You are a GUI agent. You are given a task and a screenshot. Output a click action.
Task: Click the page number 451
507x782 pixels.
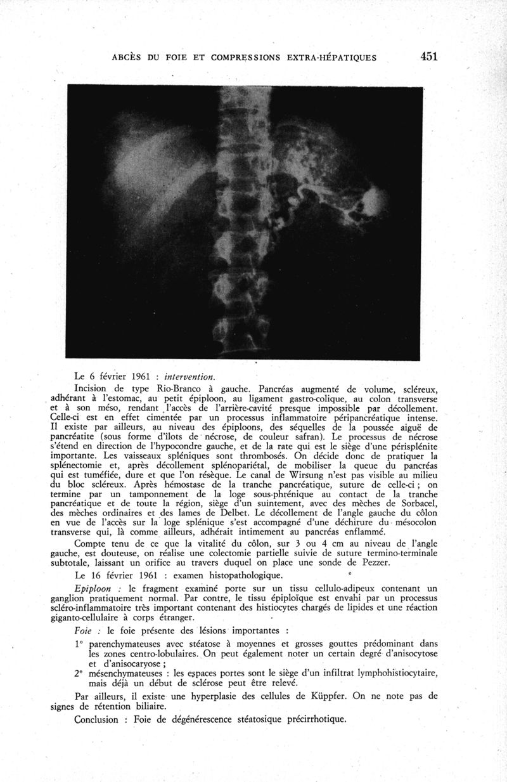[x=429, y=56]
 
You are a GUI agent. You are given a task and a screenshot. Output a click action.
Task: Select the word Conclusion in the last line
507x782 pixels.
[x=96, y=719]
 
